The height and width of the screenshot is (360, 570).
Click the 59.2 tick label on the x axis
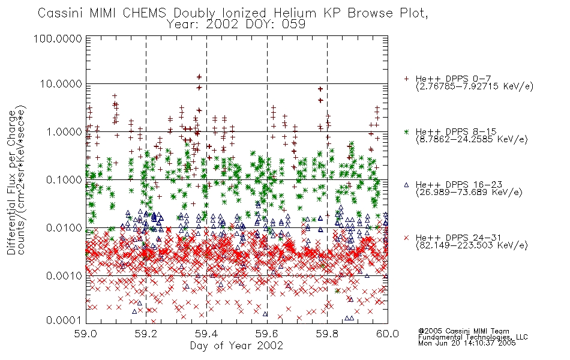click(146, 334)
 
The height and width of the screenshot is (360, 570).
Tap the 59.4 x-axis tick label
click(206, 334)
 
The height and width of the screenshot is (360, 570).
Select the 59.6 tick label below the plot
click(267, 334)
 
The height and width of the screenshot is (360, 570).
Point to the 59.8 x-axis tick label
click(327, 334)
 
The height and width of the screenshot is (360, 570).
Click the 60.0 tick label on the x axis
click(388, 334)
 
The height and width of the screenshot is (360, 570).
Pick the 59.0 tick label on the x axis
click(85, 334)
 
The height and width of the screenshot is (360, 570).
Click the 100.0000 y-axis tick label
click(58, 38)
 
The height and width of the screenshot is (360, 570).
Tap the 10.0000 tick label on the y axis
click(61, 84)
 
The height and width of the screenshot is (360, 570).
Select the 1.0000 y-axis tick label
click(64, 131)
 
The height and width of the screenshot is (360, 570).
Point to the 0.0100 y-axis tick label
click(64, 228)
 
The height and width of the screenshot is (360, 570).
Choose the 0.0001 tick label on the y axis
click(64, 320)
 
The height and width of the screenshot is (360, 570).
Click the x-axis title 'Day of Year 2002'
click(236, 346)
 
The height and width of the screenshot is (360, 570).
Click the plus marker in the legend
click(406, 79)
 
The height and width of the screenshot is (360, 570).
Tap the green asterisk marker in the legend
click(406, 131)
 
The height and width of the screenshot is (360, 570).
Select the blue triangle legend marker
click(406, 185)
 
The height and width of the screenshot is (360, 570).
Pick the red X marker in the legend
click(406, 238)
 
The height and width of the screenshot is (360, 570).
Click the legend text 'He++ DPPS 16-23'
click(459, 185)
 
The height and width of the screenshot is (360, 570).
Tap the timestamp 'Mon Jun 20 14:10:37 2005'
click(467, 343)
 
